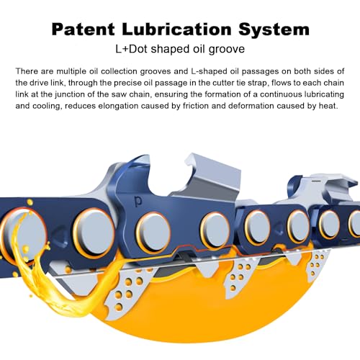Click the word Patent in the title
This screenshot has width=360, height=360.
[83, 30]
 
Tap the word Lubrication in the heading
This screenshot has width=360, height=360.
[176, 30]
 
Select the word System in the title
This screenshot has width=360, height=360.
[274, 30]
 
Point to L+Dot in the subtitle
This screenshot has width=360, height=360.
[131, 49]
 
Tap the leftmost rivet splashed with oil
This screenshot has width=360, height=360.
[23, 234]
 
